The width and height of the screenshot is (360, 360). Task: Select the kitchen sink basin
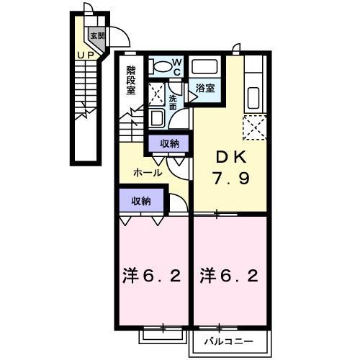click(x=254, y=94)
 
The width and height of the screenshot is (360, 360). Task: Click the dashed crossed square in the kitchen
click(x=255, y=128)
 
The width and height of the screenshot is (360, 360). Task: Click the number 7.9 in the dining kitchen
click(x=230, y=179)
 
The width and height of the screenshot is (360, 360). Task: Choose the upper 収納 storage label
click(x=170, y=143)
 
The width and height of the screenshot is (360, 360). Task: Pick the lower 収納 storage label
click(x=141, y=201)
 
